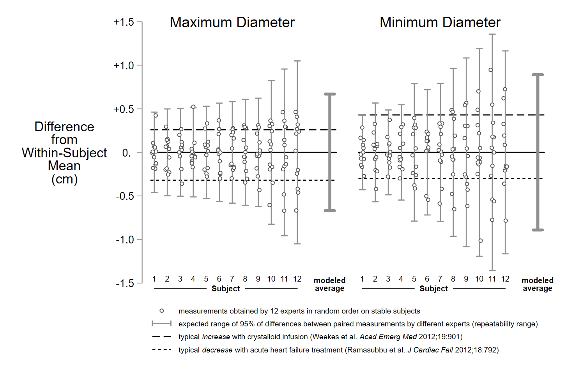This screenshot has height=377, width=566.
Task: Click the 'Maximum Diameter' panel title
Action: [x=232, y=23]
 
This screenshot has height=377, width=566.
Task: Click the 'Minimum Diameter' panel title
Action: [x=440, y=23]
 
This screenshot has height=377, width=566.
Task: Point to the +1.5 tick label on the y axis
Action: [x=124, y=22]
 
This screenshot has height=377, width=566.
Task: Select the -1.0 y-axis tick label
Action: [x=125, y=240]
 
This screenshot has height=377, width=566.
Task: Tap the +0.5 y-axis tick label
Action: [x=124, y=109]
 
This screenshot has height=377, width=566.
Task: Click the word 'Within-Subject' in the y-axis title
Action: [x=64, y=153]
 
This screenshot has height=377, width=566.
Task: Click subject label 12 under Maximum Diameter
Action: [x=297, y=279]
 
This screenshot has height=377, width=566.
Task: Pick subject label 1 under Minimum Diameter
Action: [x=362, y=279]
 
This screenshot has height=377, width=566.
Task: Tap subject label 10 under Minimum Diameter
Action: [x=479, y=279]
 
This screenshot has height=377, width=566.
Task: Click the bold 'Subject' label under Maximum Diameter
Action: [x=226, y=289]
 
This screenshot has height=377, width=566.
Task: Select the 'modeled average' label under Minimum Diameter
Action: [x=538, y=284]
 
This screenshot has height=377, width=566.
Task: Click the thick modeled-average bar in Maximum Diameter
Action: [x=330, y=152]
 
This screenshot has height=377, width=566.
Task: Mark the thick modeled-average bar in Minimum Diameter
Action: [x=538, y=152]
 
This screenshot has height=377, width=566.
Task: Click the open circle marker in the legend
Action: [x=162, y=311]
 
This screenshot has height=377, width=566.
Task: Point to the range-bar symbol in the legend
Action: [x=161, y=324]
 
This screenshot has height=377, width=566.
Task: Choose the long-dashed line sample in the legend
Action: [x=161, y=336]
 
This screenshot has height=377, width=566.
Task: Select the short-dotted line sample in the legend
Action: [x=161, y=350]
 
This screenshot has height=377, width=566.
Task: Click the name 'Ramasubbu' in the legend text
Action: [x=364, y=350]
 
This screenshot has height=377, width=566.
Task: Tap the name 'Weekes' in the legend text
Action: [x=322, y=337]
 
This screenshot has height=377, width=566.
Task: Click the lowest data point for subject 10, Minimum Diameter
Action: [x=481, y=241]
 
